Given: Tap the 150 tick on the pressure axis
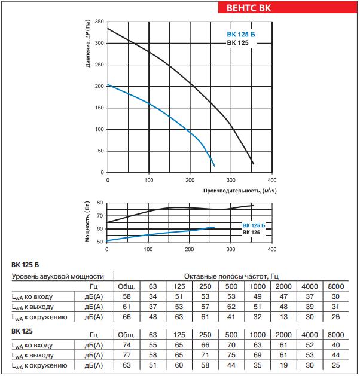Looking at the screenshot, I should [100, 108].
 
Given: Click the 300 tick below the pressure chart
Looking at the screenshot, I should [231, 179].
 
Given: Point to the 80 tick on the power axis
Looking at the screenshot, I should [101, 203].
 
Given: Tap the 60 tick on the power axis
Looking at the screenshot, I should [101, 228].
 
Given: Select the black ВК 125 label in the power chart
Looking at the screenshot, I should [251, 232].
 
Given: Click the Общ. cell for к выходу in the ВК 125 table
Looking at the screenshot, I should [127, 354].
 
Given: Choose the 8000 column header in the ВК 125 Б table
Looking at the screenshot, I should [336, 286].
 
